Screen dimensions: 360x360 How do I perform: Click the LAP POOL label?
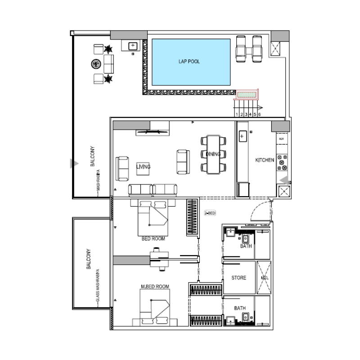coord(189,62)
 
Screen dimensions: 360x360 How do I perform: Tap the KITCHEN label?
coord(265,160)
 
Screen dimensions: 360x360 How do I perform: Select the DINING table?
coord(213,154)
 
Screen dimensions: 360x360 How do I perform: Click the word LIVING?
coord(143,167)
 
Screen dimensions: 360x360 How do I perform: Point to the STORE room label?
coord(239,278)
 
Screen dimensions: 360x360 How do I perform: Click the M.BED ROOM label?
coord(155,287)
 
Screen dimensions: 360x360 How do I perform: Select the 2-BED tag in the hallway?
coord(210,213)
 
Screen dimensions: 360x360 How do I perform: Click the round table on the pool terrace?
coord(98,64)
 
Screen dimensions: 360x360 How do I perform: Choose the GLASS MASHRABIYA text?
coord(97,284)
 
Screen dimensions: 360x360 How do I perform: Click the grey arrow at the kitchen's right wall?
coord(284,180)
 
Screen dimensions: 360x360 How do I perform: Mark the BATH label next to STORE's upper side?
coord(246,247)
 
